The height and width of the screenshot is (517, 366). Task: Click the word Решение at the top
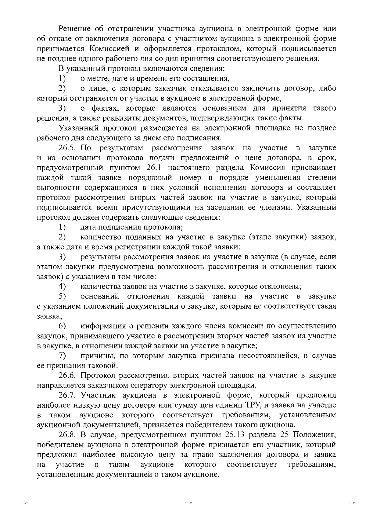[x=74, y=29]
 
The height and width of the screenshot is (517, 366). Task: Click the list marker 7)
[x=63, y=356]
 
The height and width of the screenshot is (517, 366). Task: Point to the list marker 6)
[x=63, y=326]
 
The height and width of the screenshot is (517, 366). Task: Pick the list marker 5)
[x=63, y=296]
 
